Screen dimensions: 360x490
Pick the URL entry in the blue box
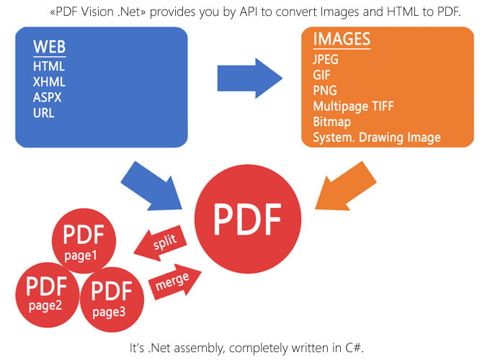43,113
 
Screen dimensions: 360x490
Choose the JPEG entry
326,60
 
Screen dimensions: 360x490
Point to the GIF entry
322,76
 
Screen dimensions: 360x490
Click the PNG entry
324,91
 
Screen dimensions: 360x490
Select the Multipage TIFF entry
353,107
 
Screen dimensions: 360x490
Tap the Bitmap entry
331,122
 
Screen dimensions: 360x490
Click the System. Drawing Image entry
376,138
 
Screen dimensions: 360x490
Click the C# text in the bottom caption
355,348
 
